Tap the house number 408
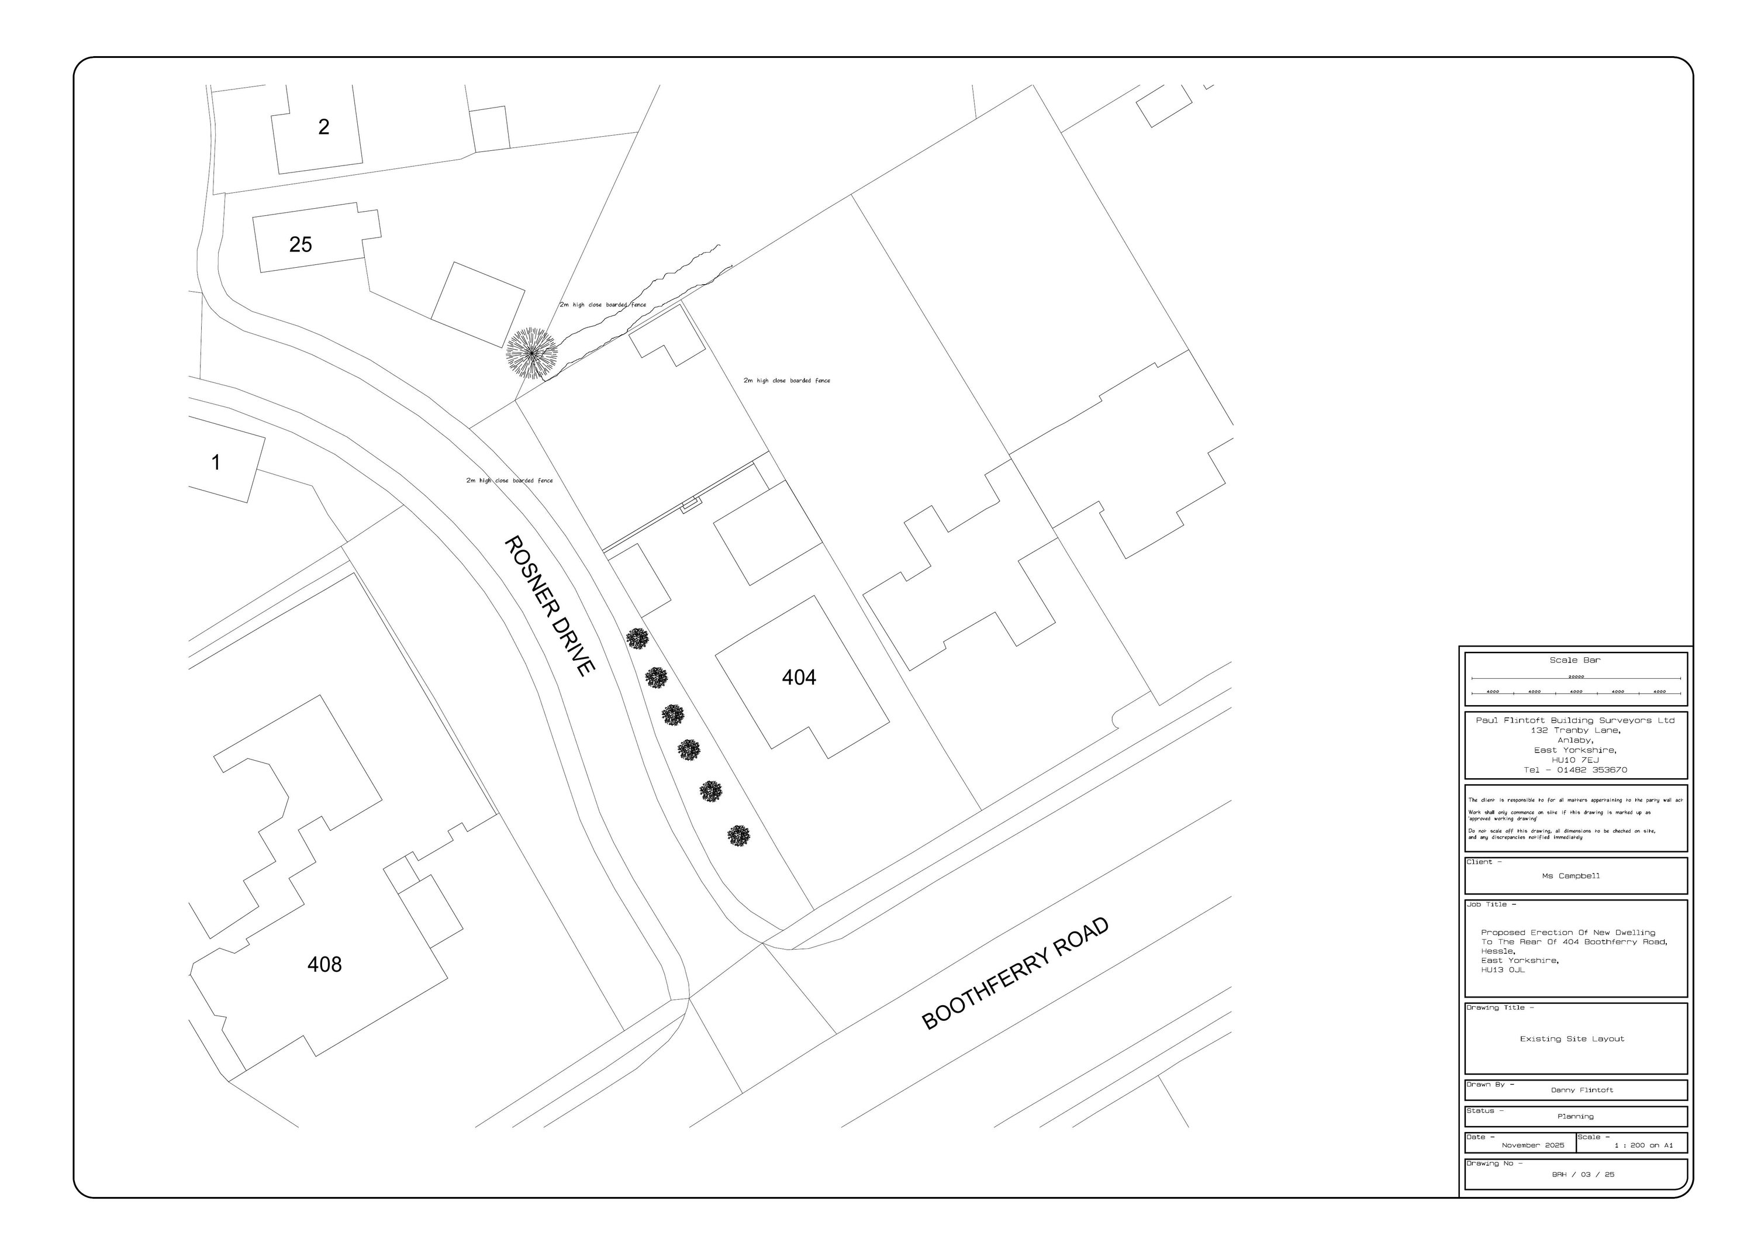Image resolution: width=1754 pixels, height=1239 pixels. click(x=324, y=965)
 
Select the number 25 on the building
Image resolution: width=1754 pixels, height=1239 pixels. click(x=301, y=244)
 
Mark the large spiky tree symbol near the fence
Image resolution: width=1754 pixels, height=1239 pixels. click(x=531, y=353)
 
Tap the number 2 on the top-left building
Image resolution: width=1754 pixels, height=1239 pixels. click(x=324, y=127)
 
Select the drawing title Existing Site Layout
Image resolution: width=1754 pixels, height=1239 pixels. click(x=1572, y=1039)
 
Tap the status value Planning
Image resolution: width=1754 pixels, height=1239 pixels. click(x=1575, y=1117)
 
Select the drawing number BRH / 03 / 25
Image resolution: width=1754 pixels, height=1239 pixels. click(x=1583, y=1174)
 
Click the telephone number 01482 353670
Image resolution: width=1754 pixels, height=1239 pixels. click(x=1591, y=770)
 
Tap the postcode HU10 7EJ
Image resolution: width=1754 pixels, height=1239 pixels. click(x=1575, y=760)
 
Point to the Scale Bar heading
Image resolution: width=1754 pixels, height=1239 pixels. click(x=1575, y=660)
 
